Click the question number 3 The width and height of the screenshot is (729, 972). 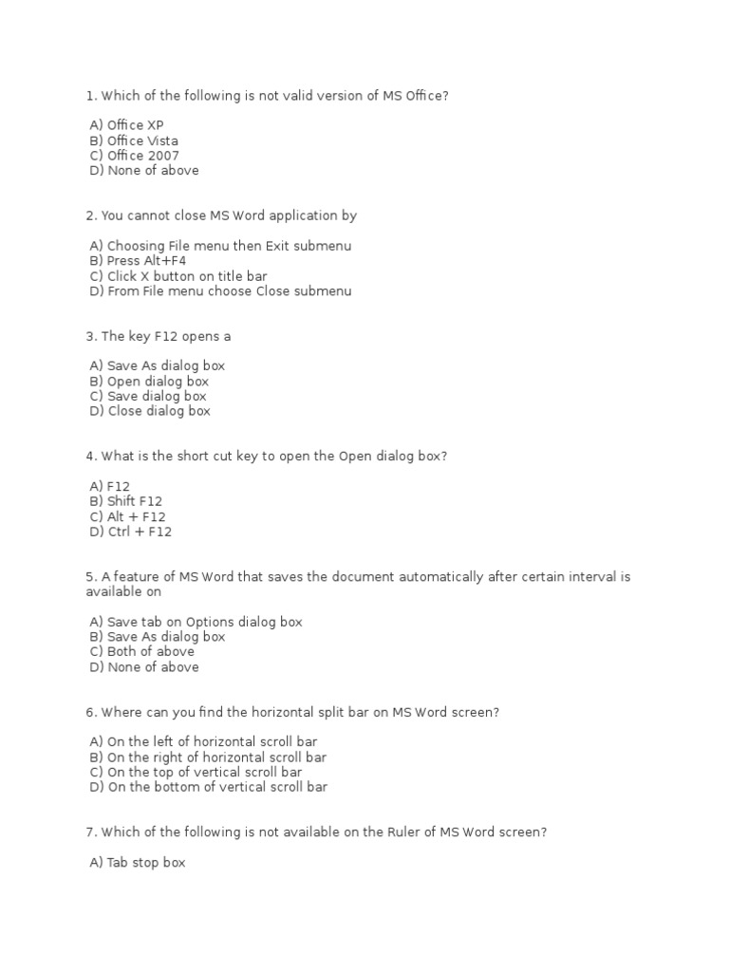pos(90,336)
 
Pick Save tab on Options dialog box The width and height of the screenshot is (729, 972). pos(196,622)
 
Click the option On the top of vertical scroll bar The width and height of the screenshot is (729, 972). pos(196,772)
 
